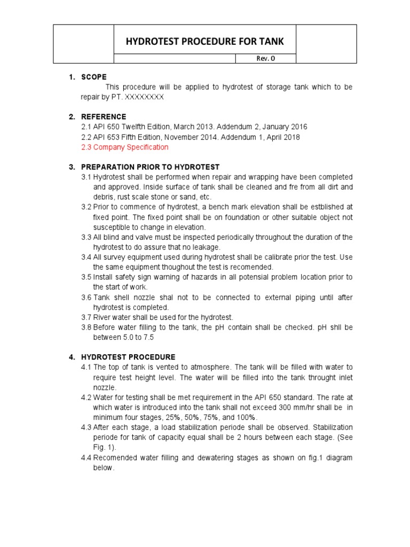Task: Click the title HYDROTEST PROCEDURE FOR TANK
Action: click(x=204, y=41)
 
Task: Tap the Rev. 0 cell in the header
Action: click(x=265, y=59)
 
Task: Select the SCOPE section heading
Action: click(x=94, y=77)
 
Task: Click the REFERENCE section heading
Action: click(x=104, y=116)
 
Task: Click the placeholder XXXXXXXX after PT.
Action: click(x=144, y=97)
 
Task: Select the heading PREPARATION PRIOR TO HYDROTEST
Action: click(x=150, y=167)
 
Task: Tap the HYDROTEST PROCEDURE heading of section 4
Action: click(x=128, y=357)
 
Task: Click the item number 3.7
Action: click(x=86, y=317)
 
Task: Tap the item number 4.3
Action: click(x=86, y=427)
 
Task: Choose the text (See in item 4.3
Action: click(x=342, y=437)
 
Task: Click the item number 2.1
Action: click(x=86, y=127)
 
